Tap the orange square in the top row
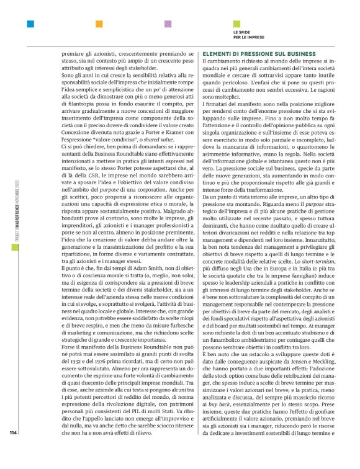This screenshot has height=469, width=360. [99, 24]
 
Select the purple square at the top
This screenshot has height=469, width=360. [168, 24]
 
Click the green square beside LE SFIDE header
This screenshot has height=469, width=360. [236, 24]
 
